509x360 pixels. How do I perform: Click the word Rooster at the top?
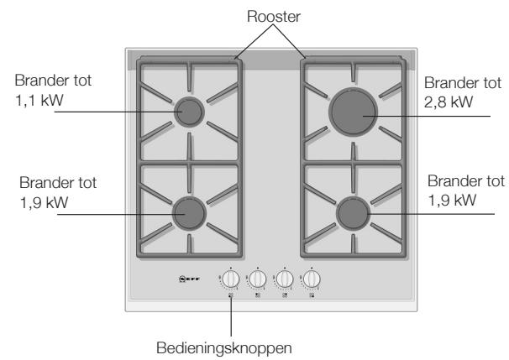[x=273, y=16]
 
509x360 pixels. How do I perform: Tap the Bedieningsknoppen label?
[x=224, y=348]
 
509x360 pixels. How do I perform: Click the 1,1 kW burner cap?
[x=189, y=112]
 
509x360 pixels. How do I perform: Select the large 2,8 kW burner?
[x=353, y=112]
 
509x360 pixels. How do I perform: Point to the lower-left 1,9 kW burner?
[x=189, y=214]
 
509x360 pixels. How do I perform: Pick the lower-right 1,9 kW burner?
[x=353, y=214]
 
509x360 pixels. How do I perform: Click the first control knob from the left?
[x=231, y=279]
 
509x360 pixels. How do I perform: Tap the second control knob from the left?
[x=258, y=279]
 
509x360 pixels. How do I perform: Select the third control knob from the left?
[x=285, y=279]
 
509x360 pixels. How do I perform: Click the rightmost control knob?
[x=312, y=279]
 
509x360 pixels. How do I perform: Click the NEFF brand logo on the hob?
[x=189, y=279]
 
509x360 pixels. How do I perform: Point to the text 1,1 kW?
[x=39, y=100]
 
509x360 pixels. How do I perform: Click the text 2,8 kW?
[x=449, y=102]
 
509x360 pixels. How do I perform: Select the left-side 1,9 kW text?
[x=45, y=203]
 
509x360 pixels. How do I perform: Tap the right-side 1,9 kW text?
[x=452, y=200]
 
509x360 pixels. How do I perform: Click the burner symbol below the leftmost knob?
[x=231, y=295]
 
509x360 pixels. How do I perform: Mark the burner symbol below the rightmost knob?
[x=312, y=295]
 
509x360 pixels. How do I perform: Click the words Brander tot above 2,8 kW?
[x=463, y=83]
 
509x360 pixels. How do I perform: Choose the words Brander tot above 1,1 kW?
[x=53, y=81]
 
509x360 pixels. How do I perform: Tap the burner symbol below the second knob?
[x=258, y=295]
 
